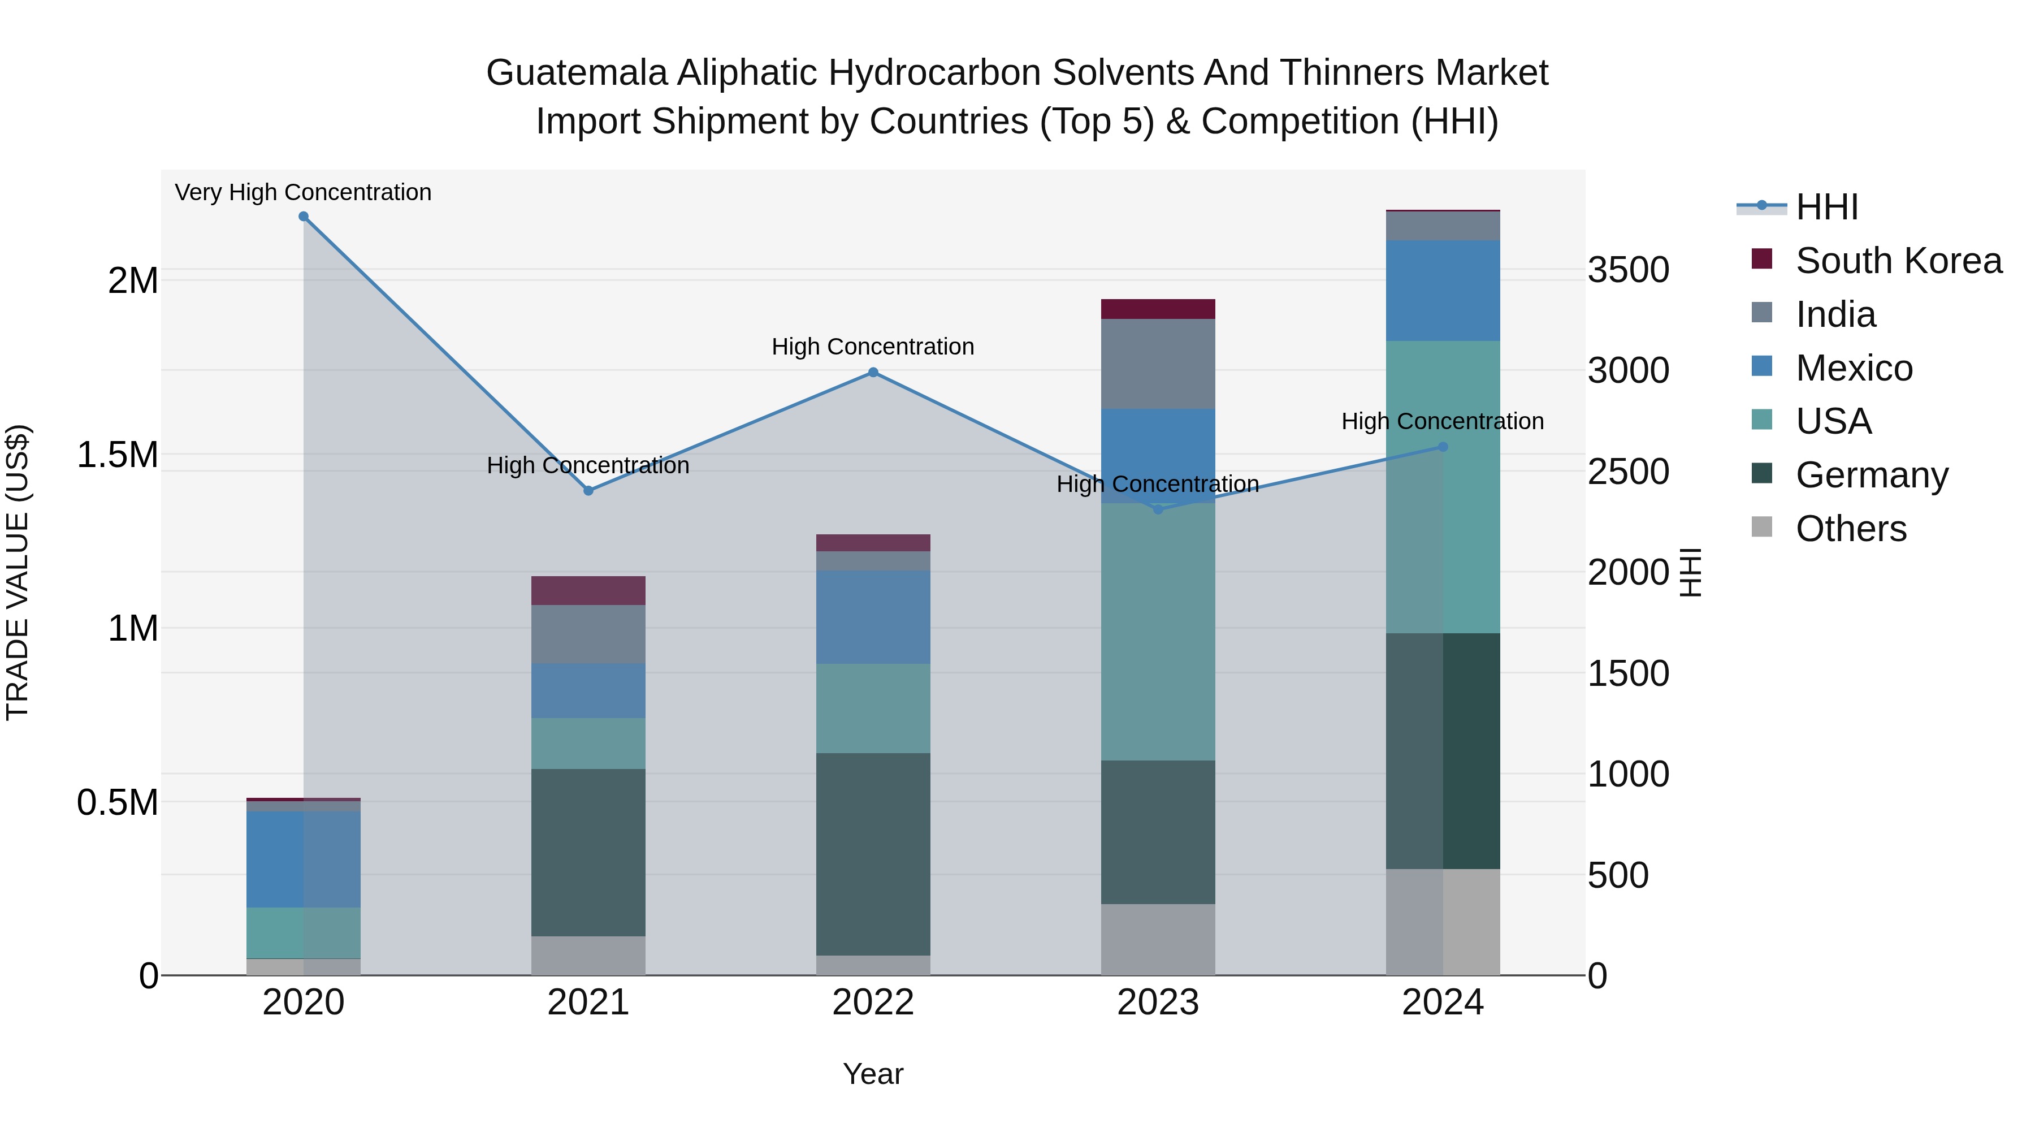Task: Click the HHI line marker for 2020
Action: pos(304,217)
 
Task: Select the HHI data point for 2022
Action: pos(873,372)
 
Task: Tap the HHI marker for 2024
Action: pos(1443,447)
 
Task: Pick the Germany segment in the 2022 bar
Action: pos(873,853)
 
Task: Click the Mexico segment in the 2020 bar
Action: pos(304,859)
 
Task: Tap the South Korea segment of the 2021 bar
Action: pos(588,590)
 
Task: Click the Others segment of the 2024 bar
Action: pos(1443,922)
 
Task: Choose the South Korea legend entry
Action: pos(1898,261)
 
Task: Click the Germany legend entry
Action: pos(1872,475)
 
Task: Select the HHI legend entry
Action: pos(1826,207)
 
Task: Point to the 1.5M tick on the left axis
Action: pos(118,455)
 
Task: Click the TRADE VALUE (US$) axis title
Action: pos(18,572)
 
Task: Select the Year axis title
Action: pos(873,1074)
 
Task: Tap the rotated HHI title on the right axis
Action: pos(1690,572)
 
